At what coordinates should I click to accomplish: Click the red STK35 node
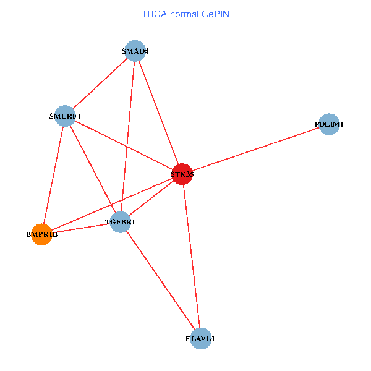click(182, 174)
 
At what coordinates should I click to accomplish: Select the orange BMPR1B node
click(41, 234)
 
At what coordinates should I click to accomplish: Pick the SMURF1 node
click(65, 115)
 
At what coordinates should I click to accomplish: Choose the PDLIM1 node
click(330, 124)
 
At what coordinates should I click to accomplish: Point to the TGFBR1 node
click(120, 221)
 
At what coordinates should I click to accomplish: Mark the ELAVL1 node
click(201, 338)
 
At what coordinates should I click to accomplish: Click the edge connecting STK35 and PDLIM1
click(256, 149)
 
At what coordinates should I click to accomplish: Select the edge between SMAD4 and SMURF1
click(100, 83)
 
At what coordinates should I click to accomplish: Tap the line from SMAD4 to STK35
click(158, 113)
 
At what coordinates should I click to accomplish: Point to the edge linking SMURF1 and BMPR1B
click(53, 174)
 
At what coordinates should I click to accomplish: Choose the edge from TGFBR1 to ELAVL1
click(160, 279)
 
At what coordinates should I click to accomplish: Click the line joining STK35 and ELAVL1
click(192, 256)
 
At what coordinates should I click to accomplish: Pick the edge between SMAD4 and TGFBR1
click(127, 136)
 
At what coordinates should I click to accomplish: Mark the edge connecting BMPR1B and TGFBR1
click(80, 228)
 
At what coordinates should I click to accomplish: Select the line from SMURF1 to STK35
click(124, 145)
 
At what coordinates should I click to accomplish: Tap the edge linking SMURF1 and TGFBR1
click(93, 168)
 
